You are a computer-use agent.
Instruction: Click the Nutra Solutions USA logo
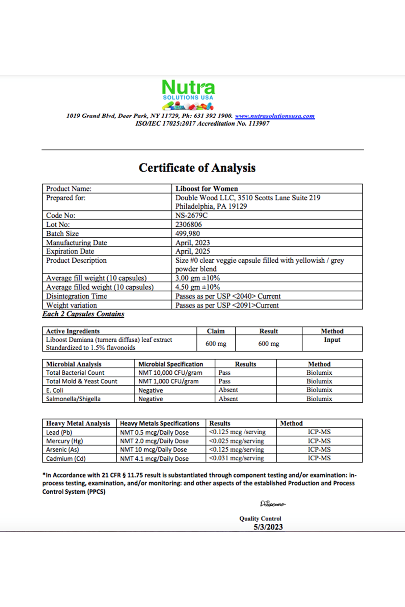[x=188, y=95]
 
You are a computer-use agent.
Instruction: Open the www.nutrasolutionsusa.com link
[x=275, y=116]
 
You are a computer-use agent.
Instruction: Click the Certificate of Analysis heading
[x=197, y=168]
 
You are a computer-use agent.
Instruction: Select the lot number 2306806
[x=188, y=225]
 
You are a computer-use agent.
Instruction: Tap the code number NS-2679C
[x=191, y=215]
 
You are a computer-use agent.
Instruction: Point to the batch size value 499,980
[x=187, y=234]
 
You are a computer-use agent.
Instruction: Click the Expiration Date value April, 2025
[x=192, y=252]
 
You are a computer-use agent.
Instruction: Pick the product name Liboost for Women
[x=207, y=189]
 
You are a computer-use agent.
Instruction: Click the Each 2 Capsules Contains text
[x=83, y=314]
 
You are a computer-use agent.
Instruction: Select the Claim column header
[x=216, y=331]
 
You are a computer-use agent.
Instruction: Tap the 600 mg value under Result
[x=269, y=344]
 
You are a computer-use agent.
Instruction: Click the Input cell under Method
[x=332, y=340]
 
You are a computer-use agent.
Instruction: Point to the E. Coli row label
[x=55, y=391]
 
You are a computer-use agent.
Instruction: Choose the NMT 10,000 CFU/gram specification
[x=170, y=373]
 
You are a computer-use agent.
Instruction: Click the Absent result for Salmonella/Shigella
[x=228, y=399]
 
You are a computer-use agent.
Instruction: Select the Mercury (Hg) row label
[x=64, y=441]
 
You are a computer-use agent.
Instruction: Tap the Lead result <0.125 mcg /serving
[x=237, y=432]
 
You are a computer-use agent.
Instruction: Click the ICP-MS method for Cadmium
[x=319, y=458]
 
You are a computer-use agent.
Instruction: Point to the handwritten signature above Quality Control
[x=273, y=504]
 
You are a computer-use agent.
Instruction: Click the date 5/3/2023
[x=268, y=527]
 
